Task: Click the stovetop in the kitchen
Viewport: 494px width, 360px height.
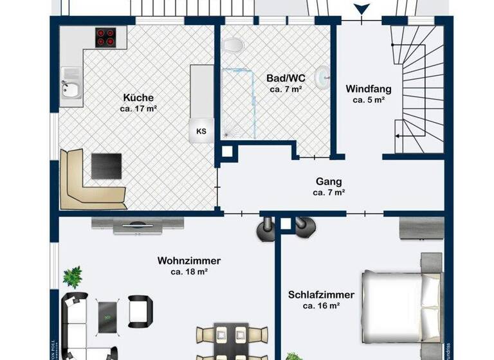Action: coord(107,37)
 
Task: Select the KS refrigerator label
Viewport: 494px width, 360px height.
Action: coord(201,131)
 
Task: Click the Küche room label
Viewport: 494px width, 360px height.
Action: coord(138,98)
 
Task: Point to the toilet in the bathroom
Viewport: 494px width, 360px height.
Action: coord(233,46)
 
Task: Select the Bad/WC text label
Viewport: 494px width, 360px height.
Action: coord(284,78)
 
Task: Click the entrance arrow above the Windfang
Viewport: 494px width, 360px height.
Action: coord(363,10)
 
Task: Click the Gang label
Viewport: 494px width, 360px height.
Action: coord(329,181)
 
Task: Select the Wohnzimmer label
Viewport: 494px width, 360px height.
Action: coord(189,260)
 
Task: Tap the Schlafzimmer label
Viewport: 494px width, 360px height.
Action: coord(321,295)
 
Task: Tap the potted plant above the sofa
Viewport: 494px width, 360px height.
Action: coord(73,277)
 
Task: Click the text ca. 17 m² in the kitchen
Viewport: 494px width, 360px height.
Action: coord(138,109)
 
